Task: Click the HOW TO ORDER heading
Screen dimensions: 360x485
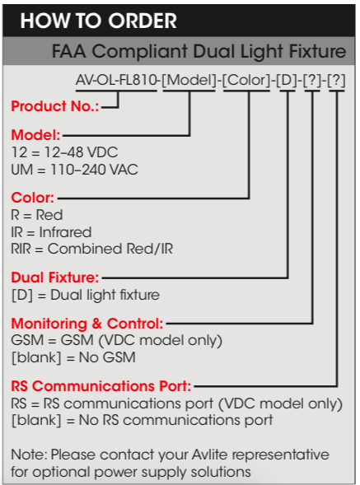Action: [98, 21]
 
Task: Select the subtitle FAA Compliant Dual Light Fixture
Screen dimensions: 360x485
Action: [199, 51]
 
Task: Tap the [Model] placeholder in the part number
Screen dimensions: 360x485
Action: [189, 81]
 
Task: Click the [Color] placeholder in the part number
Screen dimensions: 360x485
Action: [246, 81]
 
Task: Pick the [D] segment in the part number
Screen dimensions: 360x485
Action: [287, 81]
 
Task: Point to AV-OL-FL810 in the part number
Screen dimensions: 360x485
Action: [116, 81]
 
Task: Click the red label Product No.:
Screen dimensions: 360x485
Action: [55, 106]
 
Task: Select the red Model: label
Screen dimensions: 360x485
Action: [36, 135]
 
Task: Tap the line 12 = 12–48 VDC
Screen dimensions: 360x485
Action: [65, 152]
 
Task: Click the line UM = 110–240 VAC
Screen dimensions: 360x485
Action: [75, 170]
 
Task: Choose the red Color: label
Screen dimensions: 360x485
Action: [32, 198]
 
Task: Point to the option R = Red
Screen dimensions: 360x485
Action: [37, 215]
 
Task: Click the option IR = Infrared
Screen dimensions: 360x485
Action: [51, 232]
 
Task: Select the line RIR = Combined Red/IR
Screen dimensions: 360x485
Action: [92, 249]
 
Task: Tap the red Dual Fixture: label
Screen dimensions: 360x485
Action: [55, 277]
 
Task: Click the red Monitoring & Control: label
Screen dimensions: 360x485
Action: [87, 324]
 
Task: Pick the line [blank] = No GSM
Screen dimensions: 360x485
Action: [73, 357]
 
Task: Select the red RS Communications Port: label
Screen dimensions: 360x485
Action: [101, 386]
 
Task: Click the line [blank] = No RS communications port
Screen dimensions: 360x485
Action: [142, 420]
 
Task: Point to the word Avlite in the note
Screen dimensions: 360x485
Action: [210, 455]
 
